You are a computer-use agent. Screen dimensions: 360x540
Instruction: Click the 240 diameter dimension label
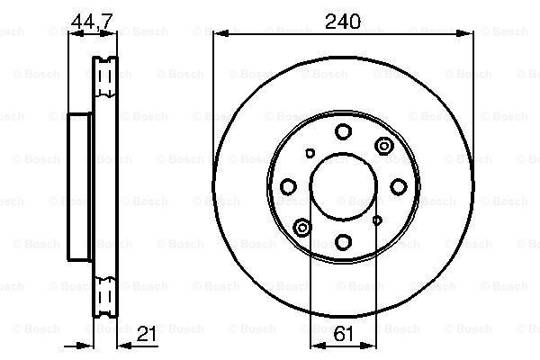343,22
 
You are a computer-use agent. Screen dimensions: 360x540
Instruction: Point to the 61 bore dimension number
342,335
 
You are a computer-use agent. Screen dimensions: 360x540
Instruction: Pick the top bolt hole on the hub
343,133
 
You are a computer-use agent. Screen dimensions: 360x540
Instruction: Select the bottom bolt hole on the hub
343,241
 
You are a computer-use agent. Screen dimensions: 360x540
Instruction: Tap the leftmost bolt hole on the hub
289,187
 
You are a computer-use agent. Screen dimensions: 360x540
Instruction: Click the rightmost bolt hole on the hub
397,187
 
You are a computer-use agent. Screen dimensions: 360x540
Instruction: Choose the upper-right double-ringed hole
385,146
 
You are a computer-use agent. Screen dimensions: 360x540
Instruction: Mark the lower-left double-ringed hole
301,229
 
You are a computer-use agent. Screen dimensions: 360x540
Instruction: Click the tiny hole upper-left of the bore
310,155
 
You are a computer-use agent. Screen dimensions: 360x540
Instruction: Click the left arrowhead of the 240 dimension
219,35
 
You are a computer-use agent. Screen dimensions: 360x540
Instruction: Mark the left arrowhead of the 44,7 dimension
75,35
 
